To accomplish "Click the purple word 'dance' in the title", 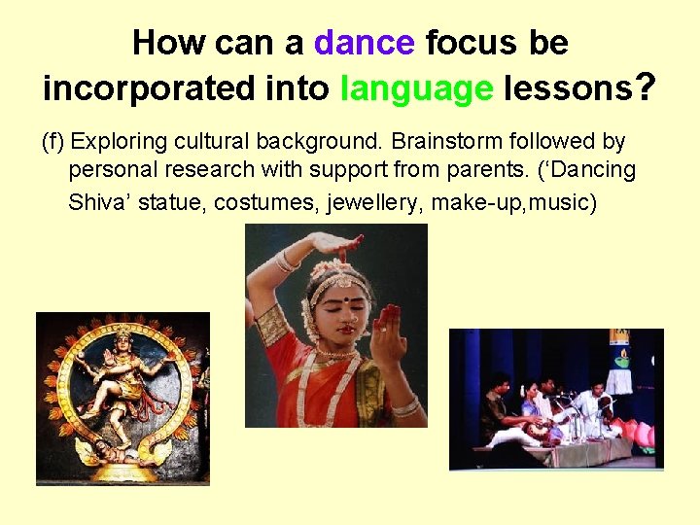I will pyautogui.click(x=365, y=43).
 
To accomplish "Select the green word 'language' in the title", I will pyautogui.click(x=417, y=88).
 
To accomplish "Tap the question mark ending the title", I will pyautogui.click(x=644, y=88).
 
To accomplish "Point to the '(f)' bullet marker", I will pyautogui.click(x=52, y=142).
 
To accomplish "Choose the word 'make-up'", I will pyautogui.click(x=471, y=202).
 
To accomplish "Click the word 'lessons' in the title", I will pyautogui.click(x=566, y=88).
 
